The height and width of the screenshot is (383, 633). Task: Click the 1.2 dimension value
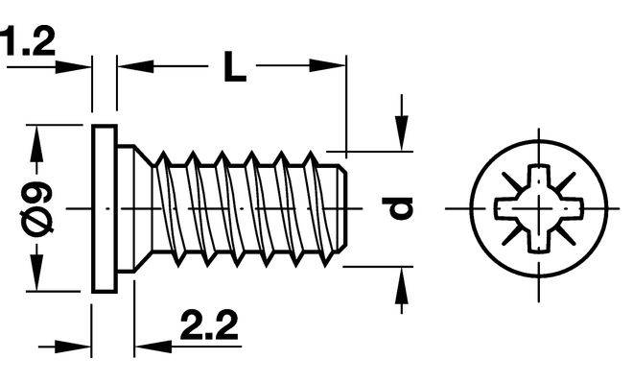[28, 40]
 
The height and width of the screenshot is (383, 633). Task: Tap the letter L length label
[235, 66]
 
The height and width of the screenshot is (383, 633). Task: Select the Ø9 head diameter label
[36, 208]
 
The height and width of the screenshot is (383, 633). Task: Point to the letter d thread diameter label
[397, 208]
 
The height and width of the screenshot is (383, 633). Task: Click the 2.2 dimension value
[209, 324]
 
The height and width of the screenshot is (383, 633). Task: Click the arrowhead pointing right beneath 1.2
[72, 67]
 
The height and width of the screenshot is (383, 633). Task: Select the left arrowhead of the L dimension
[135, 66]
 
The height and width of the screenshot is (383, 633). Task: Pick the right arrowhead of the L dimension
[327, 65]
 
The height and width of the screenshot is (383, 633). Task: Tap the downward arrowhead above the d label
[401, 132]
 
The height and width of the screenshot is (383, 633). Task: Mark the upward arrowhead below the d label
[401, 285]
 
